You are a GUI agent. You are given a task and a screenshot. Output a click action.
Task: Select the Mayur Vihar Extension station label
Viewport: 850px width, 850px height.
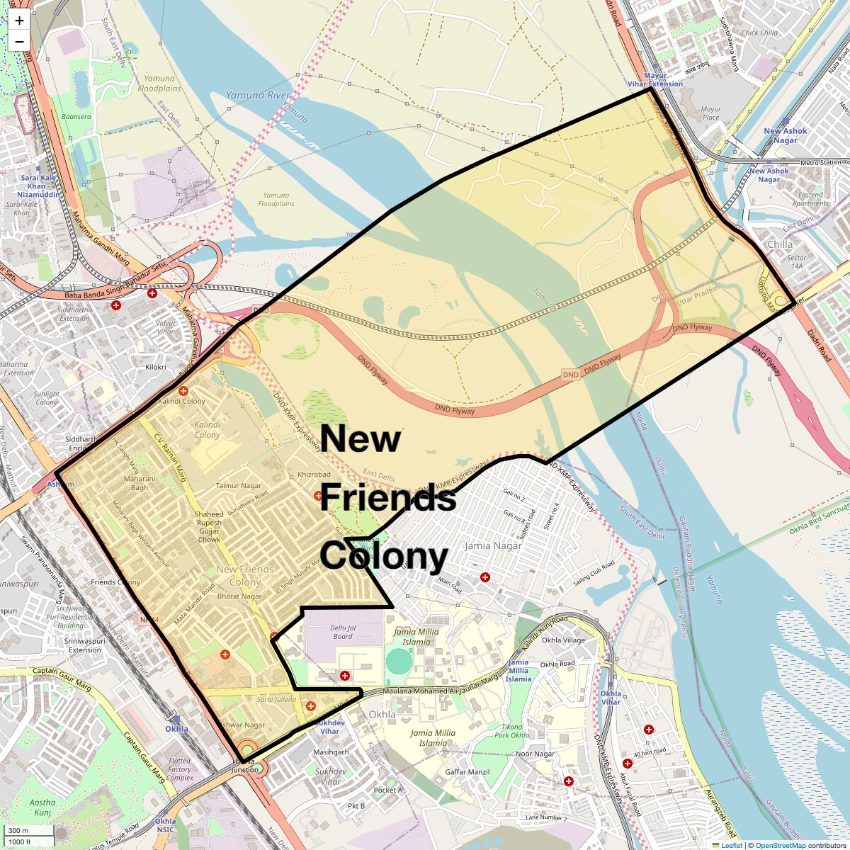655,80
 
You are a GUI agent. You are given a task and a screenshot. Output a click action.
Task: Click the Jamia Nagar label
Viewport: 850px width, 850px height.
493,545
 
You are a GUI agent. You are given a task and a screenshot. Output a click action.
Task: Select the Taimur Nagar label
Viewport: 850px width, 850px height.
238,486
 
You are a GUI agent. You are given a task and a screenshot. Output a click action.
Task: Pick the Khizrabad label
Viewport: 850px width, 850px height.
314,475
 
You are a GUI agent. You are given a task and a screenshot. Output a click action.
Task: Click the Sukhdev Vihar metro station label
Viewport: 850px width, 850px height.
329,727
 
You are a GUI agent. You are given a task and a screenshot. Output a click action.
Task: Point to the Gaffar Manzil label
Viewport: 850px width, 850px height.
467,772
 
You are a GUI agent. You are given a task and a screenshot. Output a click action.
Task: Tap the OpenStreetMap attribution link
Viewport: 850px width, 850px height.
780,845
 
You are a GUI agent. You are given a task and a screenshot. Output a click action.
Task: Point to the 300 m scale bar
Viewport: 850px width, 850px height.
20,831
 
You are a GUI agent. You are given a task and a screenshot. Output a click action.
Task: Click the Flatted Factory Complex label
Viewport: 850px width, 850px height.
180,769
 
